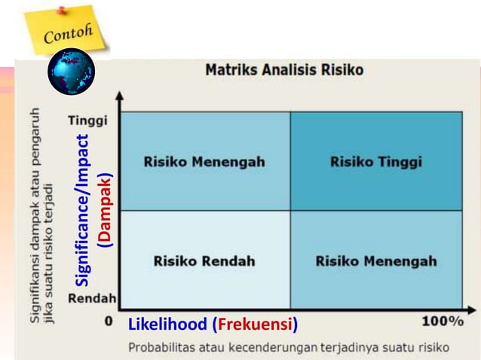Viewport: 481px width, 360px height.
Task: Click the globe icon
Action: tap(71, 72)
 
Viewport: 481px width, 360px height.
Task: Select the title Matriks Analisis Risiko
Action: tap(284, 70)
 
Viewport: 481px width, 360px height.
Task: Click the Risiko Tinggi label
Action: tap(375, 161)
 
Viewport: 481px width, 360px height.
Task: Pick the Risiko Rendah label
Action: tap(204, 261)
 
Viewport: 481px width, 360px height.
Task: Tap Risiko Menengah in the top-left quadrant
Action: tap(204, 161)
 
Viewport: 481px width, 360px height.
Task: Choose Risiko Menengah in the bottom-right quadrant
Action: tap(375, 261)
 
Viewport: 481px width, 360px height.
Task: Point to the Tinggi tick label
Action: tap(87, 120)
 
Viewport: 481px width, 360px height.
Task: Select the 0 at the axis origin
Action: tap(109, 322)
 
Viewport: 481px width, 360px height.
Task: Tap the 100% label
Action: tap(443, 322)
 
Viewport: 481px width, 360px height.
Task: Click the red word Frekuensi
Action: tap(255, 325)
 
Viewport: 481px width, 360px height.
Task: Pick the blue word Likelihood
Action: tap(167, 325)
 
